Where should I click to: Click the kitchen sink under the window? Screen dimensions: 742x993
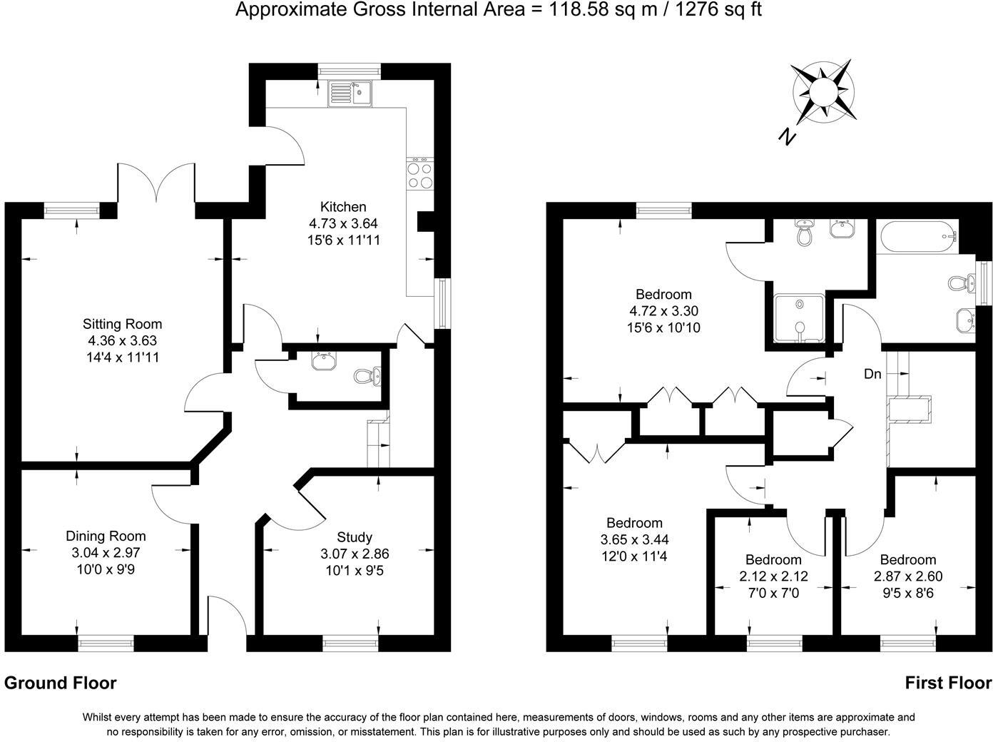[350, 93]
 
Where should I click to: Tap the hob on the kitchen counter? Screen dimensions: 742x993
[419, 176]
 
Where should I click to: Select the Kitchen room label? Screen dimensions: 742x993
[343, 207]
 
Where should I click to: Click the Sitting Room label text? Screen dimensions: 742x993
[122, 324]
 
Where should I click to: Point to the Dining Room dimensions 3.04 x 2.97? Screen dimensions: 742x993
[106, 553]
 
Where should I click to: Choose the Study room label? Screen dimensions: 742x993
[355, 537]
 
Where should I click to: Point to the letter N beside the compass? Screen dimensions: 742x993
[786, 136]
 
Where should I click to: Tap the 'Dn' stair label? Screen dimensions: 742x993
[872, 373]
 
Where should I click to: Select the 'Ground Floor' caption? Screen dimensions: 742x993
[61, 683]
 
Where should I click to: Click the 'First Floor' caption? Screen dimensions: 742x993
[948, 683]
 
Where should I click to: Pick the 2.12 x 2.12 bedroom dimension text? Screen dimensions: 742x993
[773, 576]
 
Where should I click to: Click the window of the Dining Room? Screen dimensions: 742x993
[106, 644]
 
